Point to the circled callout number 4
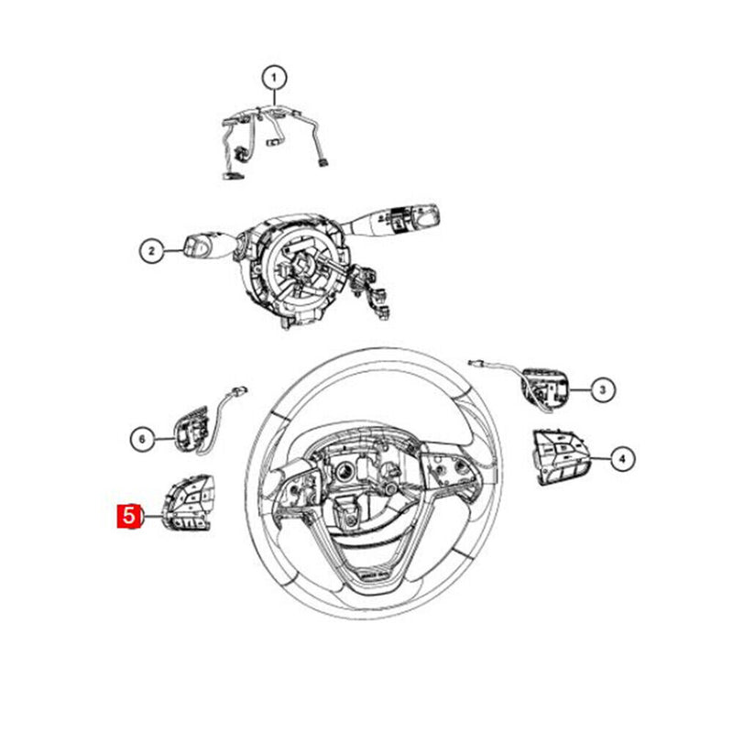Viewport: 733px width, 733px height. [x=620, y=456]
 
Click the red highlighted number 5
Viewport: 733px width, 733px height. [x=127, y=517]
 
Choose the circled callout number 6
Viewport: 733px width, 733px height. [x=141, y=440]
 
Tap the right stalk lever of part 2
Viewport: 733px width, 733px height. [x=403, y=219]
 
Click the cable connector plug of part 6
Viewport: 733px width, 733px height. [x=240, y=391]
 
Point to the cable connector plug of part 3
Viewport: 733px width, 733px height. [x=475, y=362]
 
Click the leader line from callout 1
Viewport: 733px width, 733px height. [x=274, y=99]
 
